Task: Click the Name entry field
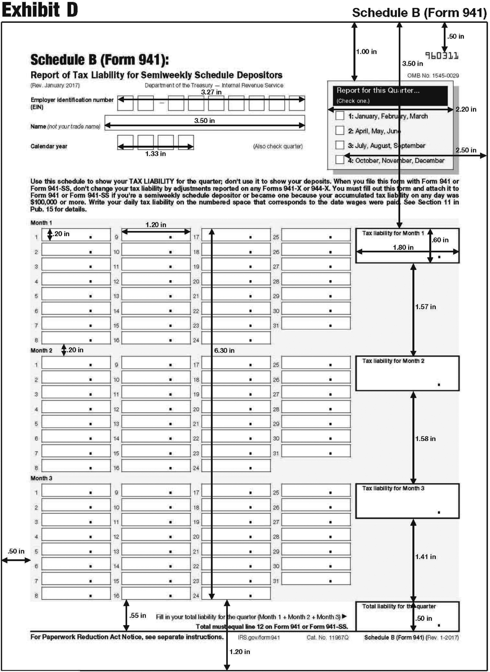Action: click(205, 122)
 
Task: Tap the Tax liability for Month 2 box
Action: click(407, 373)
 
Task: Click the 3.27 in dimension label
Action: click(211, 92)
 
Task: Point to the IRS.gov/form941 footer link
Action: click(259, 638)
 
